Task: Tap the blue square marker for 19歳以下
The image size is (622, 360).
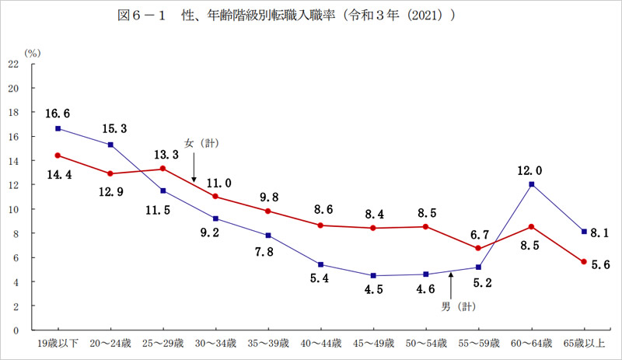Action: click(58, 128)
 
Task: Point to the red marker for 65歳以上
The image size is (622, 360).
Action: click(584, 262)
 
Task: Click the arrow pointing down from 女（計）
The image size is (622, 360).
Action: click(194, 169)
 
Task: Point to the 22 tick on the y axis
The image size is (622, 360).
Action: click(13, 64)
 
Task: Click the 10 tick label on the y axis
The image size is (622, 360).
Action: click(13, 209)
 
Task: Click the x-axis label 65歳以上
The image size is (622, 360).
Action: click(584, 342)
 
